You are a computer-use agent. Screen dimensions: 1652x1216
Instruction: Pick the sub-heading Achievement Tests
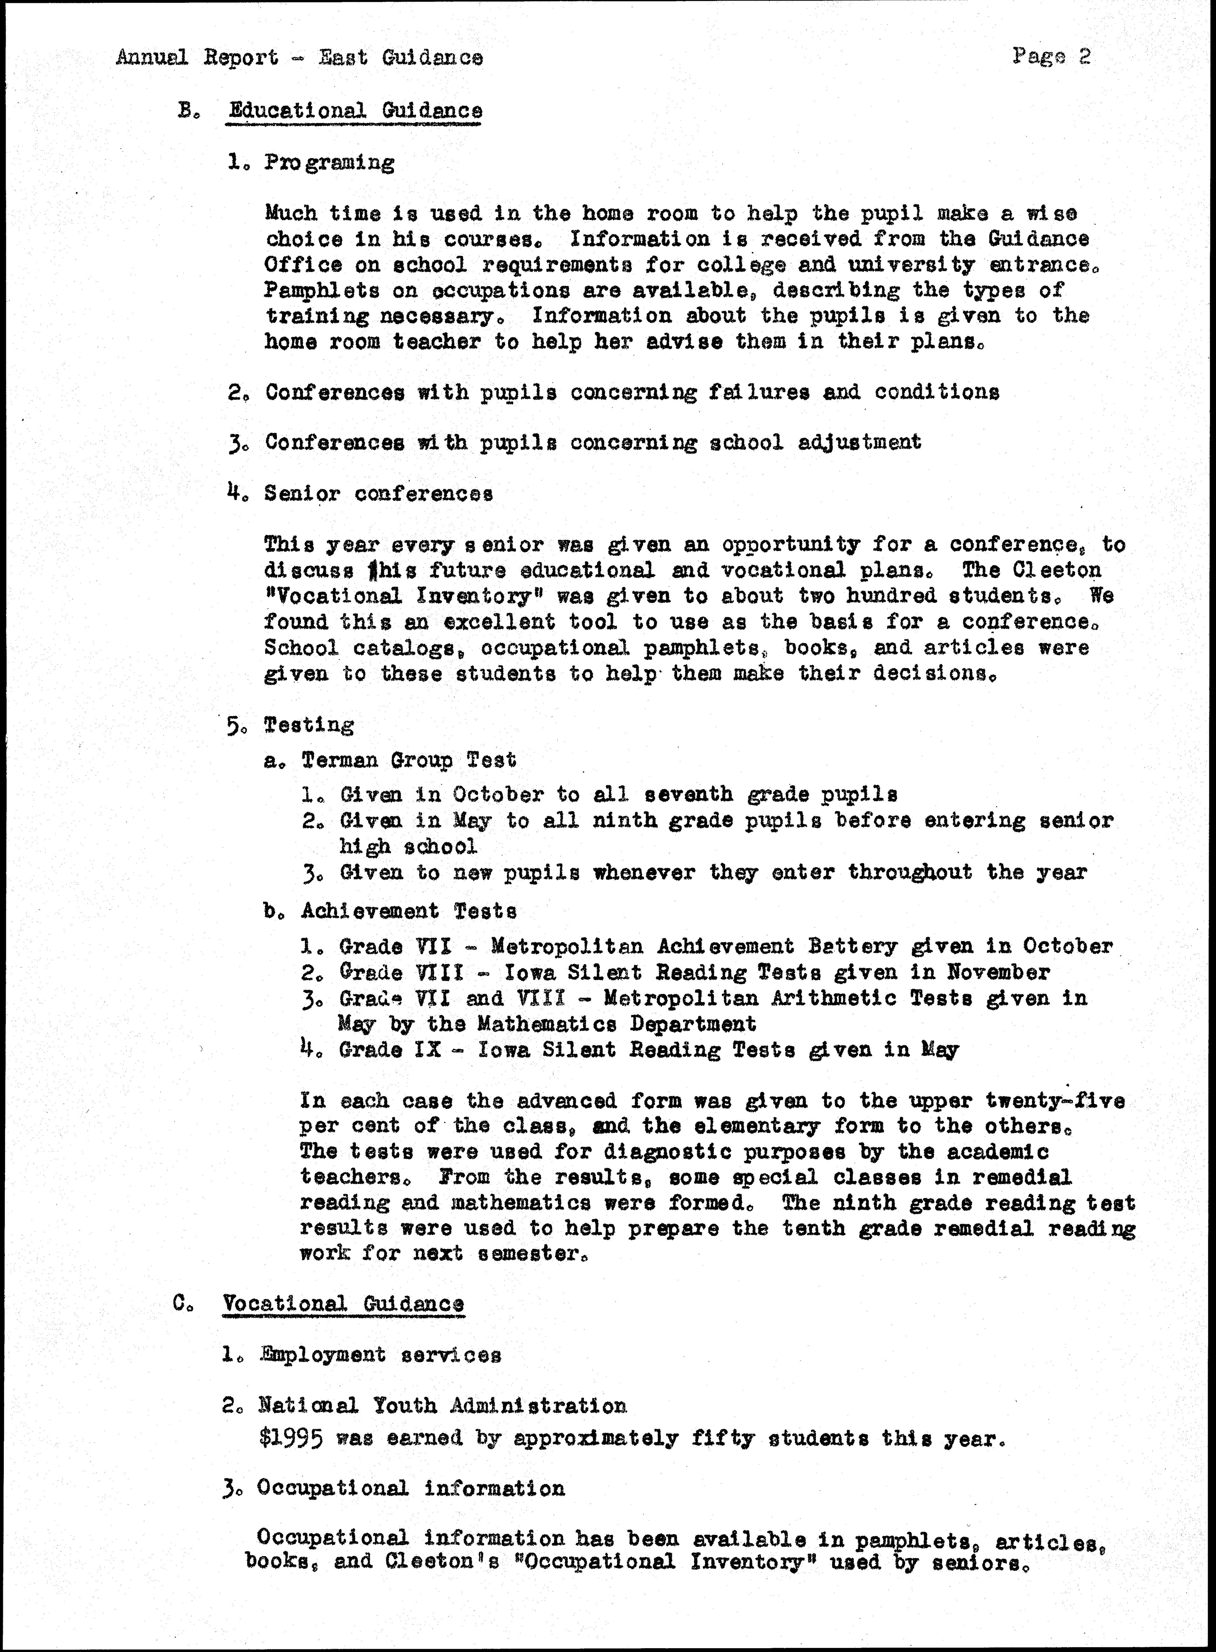[x=409, y=911]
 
